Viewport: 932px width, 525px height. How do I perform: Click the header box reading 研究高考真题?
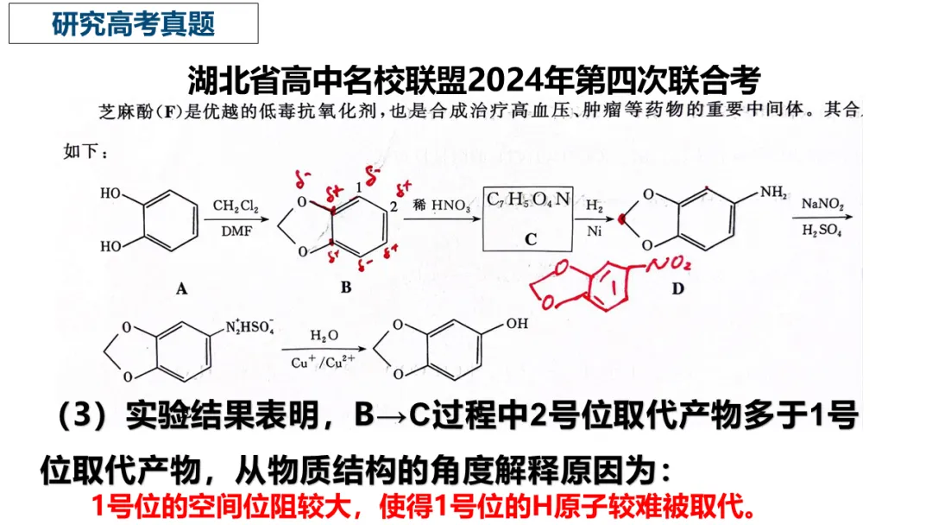pyautogui.click(x=134, y=23)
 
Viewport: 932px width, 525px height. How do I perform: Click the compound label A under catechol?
pyautogui.click(x=181, y=290)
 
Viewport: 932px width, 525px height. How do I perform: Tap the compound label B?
pyautogui.click(x=345, y=288)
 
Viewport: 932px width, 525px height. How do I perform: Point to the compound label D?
pyautogui.click(x=677, y=288)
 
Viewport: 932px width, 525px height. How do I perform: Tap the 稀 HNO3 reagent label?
pyautogui.click(x=439, y=205)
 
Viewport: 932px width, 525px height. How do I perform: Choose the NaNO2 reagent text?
pyautogui.click(x=822, y=206)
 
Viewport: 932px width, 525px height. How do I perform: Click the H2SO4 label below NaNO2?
pyautogui.click(x=822, y=231)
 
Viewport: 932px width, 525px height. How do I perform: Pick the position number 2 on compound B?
pyautogui.click(x=393, y=206)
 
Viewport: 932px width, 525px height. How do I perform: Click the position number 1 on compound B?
pyautogui.click(x=359, y=187)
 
